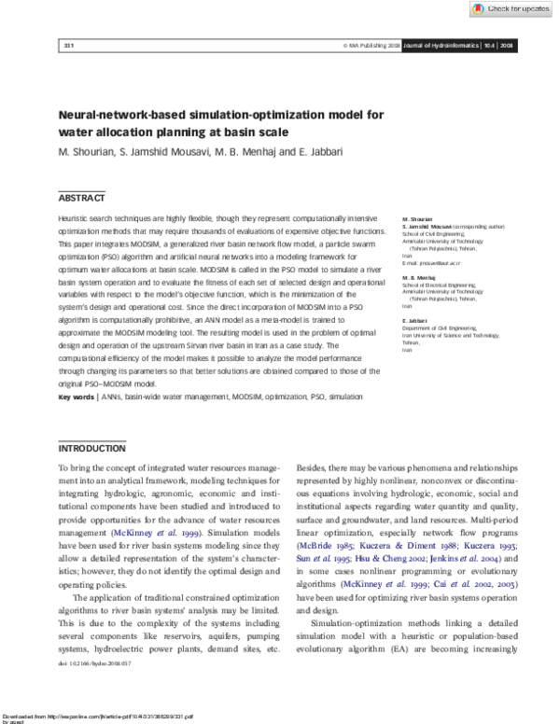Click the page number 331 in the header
coord(67,44)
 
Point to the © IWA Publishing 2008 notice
coord(371,44)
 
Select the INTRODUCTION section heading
coord(91,448)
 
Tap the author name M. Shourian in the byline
coord(87,151)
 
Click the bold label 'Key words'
coord(76,397)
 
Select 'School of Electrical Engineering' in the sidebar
coord(439,285)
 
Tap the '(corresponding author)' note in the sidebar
coord(472,227)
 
